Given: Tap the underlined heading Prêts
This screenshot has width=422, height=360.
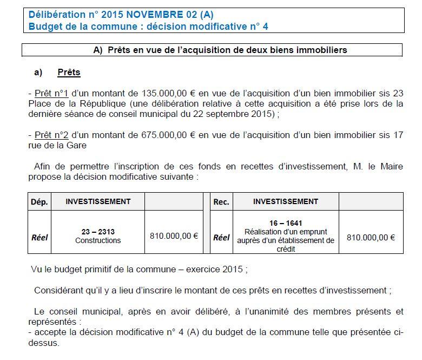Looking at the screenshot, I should [69, 72].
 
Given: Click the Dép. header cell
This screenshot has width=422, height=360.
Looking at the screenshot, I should [39, 202].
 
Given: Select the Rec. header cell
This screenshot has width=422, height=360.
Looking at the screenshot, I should [221, 202].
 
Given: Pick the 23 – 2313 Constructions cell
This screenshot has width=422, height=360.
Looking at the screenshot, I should [98, 236].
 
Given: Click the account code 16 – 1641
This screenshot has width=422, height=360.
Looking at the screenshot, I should [285, 223].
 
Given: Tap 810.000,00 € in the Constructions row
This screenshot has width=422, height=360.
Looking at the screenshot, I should [174, 237].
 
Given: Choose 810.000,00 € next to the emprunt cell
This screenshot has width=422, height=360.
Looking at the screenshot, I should [371, 237].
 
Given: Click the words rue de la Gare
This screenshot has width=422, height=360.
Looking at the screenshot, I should [57, 145].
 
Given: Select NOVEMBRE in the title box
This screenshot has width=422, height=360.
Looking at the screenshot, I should [152, 15].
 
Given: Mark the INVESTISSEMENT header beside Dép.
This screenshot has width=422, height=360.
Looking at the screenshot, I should [98, 201].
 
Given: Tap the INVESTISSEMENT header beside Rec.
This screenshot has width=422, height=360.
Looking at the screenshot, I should [285, 201].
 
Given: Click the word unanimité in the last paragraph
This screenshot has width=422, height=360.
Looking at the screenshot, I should [258, 311].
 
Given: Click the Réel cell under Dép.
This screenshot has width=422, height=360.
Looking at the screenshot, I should [39, 237].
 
